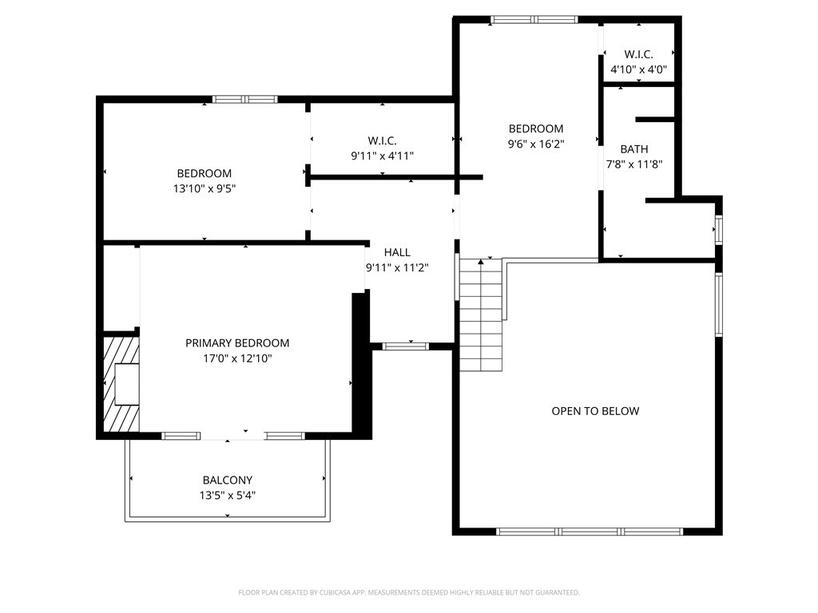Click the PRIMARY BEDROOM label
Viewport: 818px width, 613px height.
pyautogui.click(x=237, y=343)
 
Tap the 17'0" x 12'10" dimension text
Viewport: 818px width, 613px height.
pyautogui.click(x=237, y=358)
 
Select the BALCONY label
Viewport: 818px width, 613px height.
pyautogui.click(x=227, y=481)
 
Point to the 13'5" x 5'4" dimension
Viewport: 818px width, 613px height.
pyautogui.click(x=227, y=496)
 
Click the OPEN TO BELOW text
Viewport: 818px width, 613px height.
pyautogui.click(x=595, y=411)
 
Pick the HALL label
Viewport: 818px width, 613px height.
pyautogui.click(x=397, y=252)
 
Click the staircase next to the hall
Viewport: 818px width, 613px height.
pyautogui.click(x=481, y=315)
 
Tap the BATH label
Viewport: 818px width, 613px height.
pyautogui.click(x=634, y=149)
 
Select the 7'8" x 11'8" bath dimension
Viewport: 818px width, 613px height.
pyautogui.click(x=634, y=165)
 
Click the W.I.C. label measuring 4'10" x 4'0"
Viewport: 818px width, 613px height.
pyautogui.click(x=638, y=54)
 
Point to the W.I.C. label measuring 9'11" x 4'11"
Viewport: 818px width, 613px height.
pyautogui.click(x=382, y=140)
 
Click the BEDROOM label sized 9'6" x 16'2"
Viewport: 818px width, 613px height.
pyautogui.click(x=536, y=129)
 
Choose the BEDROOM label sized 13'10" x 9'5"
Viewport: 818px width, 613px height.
pyautogui.click(x=204, y=173)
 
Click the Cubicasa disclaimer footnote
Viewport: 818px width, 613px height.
pyautogui.click(x=409, y=592)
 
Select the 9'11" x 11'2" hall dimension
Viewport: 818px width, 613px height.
pyautogui.click(x=397, y=268)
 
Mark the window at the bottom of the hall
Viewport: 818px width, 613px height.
pyautogui.click(x=406, y=346)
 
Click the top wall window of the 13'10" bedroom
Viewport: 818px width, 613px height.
pyautogui.click(x=244, y=100)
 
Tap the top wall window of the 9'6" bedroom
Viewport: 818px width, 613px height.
pyautogui.click(x=534, y=20)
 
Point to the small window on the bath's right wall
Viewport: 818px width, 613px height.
pyautogui.click(x=718, y=230)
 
